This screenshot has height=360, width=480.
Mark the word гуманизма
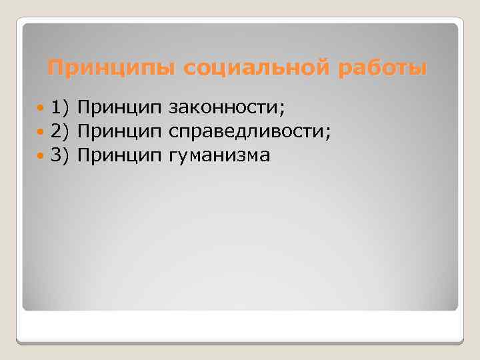[x=219, y=155]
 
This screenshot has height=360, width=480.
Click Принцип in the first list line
[x=119, y=106]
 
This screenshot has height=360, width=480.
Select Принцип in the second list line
[x=119, y=131]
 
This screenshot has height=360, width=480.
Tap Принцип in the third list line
[x=119, y=155]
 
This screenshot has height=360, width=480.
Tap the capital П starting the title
[x=55, y=69]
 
